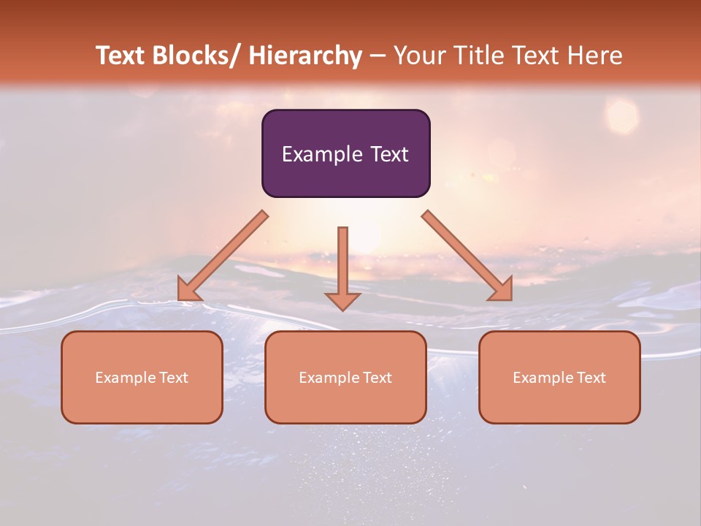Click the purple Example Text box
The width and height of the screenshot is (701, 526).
(345, 153)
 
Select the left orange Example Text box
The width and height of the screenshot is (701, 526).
(142, 377)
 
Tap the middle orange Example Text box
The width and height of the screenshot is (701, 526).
(345, 377)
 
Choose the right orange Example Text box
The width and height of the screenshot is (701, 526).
(559, 377)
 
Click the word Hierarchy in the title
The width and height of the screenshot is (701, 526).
(305, 56)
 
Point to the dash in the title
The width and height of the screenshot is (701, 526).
(378, 56)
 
